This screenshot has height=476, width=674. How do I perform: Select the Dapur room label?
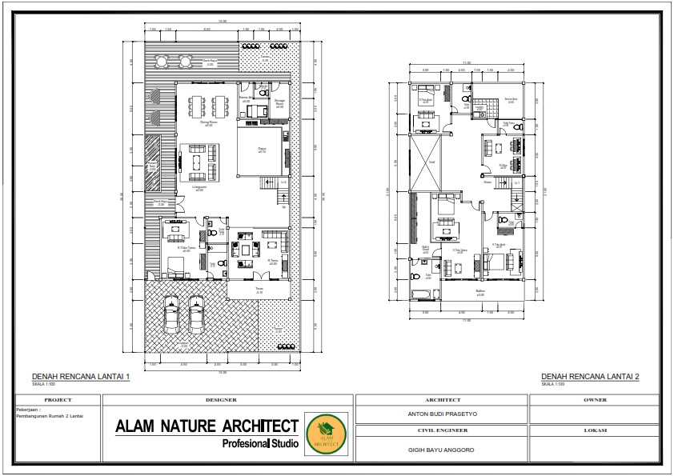262,150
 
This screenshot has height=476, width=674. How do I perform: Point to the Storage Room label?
279,102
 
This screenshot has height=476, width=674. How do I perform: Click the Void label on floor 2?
431,162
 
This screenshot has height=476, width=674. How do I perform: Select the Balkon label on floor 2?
480,291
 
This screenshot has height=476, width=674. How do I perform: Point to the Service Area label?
510,99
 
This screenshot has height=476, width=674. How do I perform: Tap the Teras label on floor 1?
259,290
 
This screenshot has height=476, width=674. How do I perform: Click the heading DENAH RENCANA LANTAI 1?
80,377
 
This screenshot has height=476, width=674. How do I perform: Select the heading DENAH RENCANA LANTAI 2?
590,377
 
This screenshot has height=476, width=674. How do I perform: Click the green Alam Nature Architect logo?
326,434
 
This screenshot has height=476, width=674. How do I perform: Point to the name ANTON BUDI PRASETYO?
441,414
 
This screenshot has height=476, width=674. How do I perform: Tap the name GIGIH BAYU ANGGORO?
441,450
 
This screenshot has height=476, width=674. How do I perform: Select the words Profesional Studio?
260,443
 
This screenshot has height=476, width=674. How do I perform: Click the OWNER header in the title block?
596,399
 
